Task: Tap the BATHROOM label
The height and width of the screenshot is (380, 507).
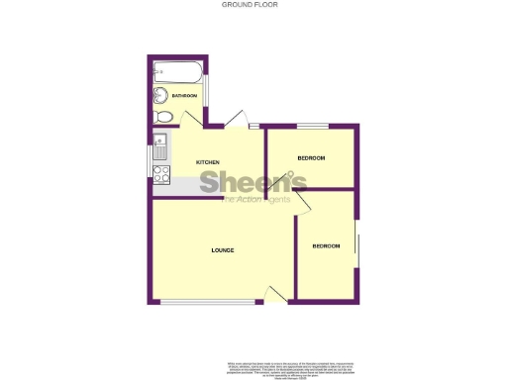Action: click(184, 96)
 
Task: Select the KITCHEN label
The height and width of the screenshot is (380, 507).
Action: click(207, 162)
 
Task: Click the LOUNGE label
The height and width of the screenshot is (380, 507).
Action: click(223, 249)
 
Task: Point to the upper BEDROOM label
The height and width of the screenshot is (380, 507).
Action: click(312, 158)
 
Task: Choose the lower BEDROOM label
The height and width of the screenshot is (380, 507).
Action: click(326, 245)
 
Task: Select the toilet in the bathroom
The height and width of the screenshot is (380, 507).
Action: click(164, 117)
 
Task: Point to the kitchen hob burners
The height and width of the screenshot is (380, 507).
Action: click(160, 172)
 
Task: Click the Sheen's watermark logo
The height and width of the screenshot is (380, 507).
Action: click(253, 184)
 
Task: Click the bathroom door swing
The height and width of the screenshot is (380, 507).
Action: click(191, 118)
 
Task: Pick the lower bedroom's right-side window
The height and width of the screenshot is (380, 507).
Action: click(356, 250)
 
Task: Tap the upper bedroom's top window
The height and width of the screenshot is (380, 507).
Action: click(314, 126)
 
